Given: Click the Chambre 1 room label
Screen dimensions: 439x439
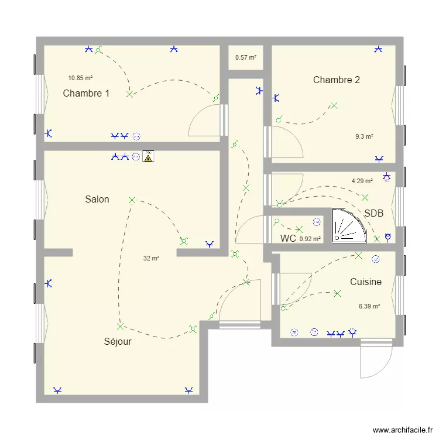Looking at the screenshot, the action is (x=86, y=93).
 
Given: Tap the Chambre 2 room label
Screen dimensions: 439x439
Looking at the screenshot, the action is (x=336, y=80).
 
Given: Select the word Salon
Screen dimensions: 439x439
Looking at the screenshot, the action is (x=97, y=199).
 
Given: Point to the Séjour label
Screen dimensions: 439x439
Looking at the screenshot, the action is (x=118, y=341).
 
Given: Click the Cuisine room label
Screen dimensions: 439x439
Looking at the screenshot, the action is (x=366, y=282).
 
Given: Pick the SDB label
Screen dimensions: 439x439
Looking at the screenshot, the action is (x=374, y=213).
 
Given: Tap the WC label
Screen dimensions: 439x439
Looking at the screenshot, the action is (x=288, y=238).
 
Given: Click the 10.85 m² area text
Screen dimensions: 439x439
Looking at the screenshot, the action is (x=80, y=78).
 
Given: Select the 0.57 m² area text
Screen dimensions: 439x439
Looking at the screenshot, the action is (x=246, y=58).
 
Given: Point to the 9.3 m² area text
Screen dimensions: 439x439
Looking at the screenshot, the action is (x=364, y=136).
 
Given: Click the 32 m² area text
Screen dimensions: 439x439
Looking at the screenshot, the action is (x=151, y=258).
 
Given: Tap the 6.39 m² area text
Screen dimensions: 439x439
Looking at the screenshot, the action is (x=369, y=306).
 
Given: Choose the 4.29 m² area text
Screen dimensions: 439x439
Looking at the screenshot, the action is (x=362, y=181).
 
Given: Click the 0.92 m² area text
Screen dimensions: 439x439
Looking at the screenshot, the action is (x=310, y=239).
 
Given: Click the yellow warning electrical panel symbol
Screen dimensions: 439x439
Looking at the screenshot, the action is (x=148, y=156).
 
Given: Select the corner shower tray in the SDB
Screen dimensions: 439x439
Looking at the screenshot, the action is (x=349, y=225).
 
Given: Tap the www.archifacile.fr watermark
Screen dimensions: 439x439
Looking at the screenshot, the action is (x=403, y=430).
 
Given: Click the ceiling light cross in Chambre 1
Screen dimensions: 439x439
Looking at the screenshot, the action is (x=129, y=94).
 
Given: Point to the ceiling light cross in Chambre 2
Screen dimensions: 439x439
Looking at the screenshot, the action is (x=334, y=105).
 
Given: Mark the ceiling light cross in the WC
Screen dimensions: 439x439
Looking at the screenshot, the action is (x=299, y=230).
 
